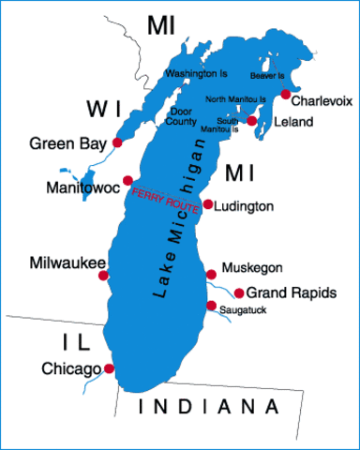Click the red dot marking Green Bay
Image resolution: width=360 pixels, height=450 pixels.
click(x=117, y=142)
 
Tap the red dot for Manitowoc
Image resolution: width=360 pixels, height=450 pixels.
click(x=127, y=179)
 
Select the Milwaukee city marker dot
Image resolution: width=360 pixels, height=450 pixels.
click(x=103, y=276)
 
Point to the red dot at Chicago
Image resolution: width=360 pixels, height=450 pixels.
click(x=109, y=369)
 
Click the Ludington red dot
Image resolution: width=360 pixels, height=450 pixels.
click(x=207, y=203)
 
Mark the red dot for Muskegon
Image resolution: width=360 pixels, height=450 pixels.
click(x=208, y=275)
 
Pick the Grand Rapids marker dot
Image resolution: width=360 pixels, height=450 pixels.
click(x=239, y=292)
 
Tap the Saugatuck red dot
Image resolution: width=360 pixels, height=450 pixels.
click(x=211, y=306)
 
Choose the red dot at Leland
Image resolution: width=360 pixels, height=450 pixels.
click(x=251, y=121)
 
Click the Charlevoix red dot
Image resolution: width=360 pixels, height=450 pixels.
click(x=286, y=94)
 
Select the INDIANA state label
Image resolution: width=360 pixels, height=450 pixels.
click(x=207, y=408)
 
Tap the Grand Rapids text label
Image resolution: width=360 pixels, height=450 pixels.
click(x=292, y=293)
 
